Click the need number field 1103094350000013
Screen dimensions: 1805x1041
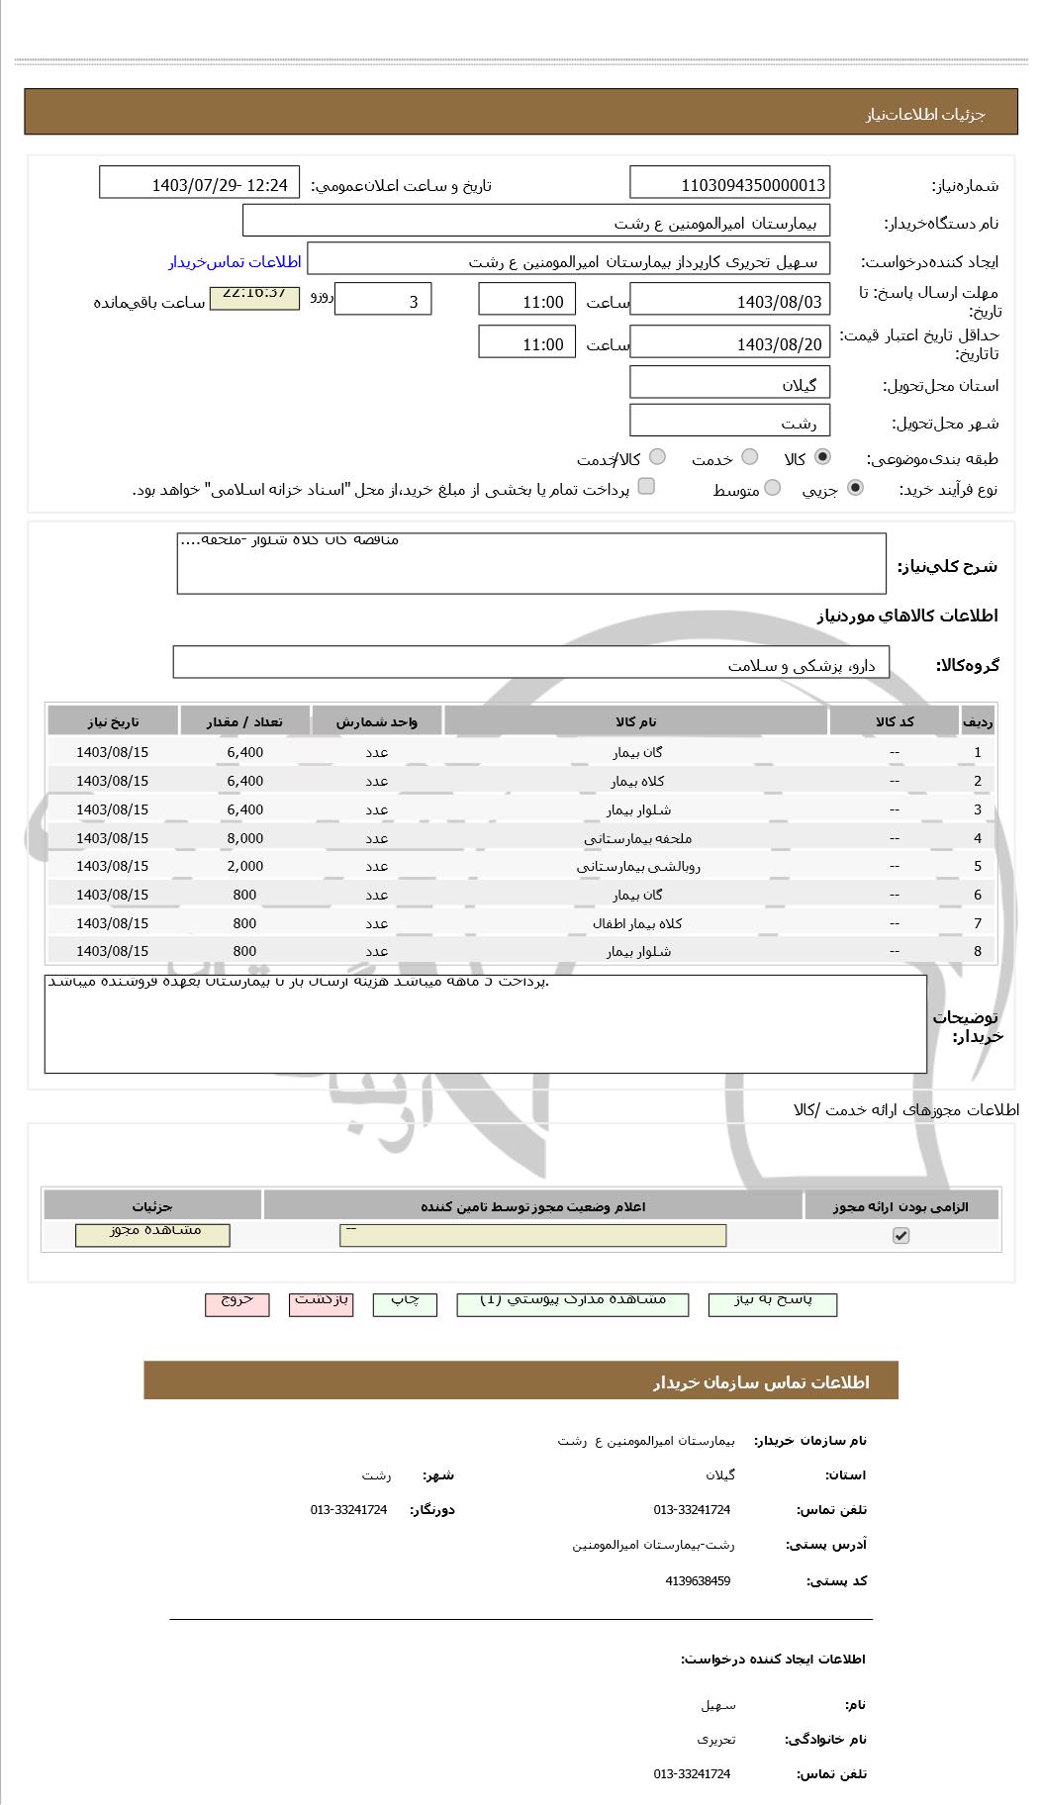tap(729, 184)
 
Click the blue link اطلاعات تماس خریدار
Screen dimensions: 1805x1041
tap(235, 262)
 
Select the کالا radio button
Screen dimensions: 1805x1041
tap(822, 457)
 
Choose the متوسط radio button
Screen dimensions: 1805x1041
tap(773, 488)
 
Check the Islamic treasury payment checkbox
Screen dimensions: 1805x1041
tap(646, 486)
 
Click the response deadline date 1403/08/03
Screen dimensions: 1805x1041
tap(729, 301)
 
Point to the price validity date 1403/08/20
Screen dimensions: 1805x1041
tap(729, 343)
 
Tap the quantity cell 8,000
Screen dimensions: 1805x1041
tap(244, 838)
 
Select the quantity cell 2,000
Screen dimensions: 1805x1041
tap(244, 866)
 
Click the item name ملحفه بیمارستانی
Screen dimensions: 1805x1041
tap(637, 838)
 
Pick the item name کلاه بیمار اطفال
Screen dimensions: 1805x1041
tap(637, 923)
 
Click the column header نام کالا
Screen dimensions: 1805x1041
tap(635, 721)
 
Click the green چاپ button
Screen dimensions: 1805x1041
tap(405, 1302)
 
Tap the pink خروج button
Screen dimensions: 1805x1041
tap(237, 1302)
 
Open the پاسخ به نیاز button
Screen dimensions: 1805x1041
tap(773, 1302)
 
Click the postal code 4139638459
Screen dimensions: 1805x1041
tap(698, 1581)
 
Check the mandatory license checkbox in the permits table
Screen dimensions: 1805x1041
tap(900, 1235)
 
